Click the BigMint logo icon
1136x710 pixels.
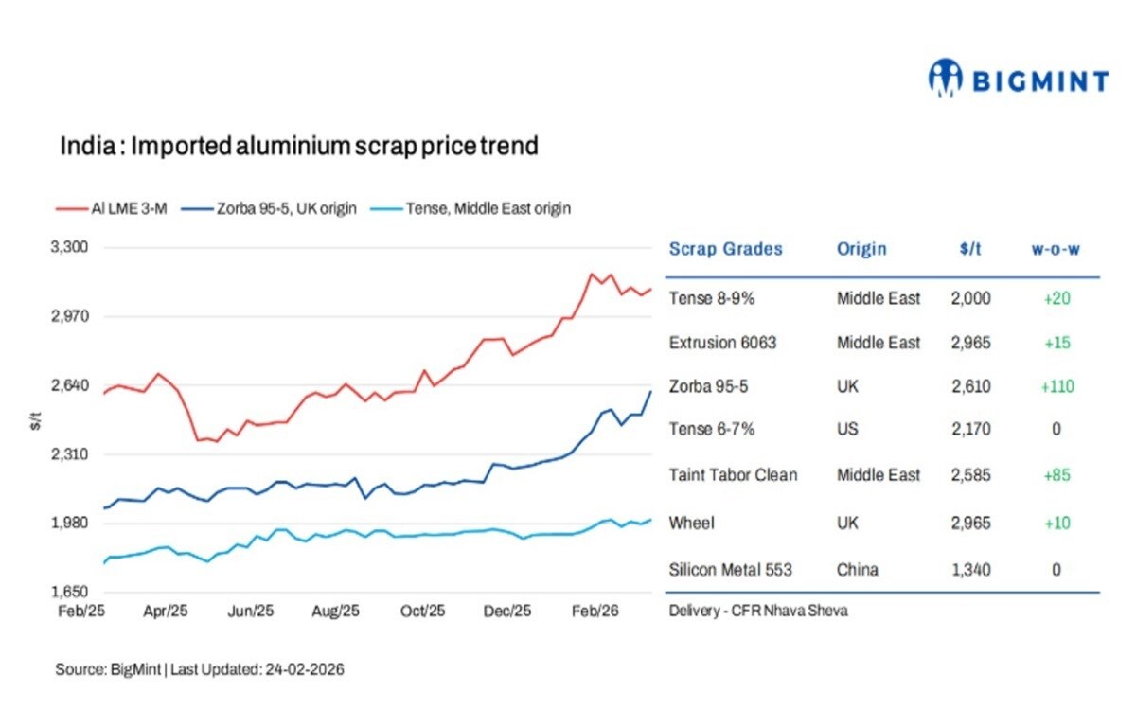coord(945,79)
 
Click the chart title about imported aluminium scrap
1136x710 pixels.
coord(299,147)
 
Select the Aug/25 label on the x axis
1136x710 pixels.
coord(336,612)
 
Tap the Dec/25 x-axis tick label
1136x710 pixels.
coord(507,612)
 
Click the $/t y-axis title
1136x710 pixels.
coord(35,421)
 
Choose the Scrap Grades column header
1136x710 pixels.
coord(725,249)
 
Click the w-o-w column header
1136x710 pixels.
coord(1056,249)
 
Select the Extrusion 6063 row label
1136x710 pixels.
coord(722,343)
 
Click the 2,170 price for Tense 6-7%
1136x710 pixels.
coord(970,430)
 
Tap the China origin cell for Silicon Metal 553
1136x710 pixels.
coord(857,570)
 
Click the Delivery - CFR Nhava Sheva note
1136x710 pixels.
coord(758,611)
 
